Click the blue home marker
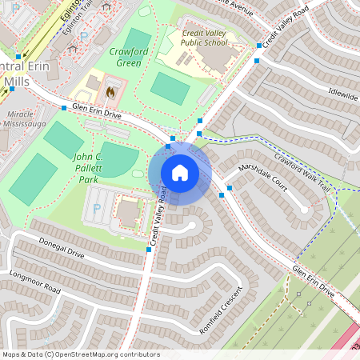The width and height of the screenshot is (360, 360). click(180, 171)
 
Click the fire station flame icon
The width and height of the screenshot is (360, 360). click(110, 90)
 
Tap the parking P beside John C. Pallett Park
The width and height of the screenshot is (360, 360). click(98, 208)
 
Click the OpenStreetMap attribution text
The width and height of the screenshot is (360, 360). click(80, 354)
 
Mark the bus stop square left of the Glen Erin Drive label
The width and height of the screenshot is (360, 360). click(63, 106)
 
